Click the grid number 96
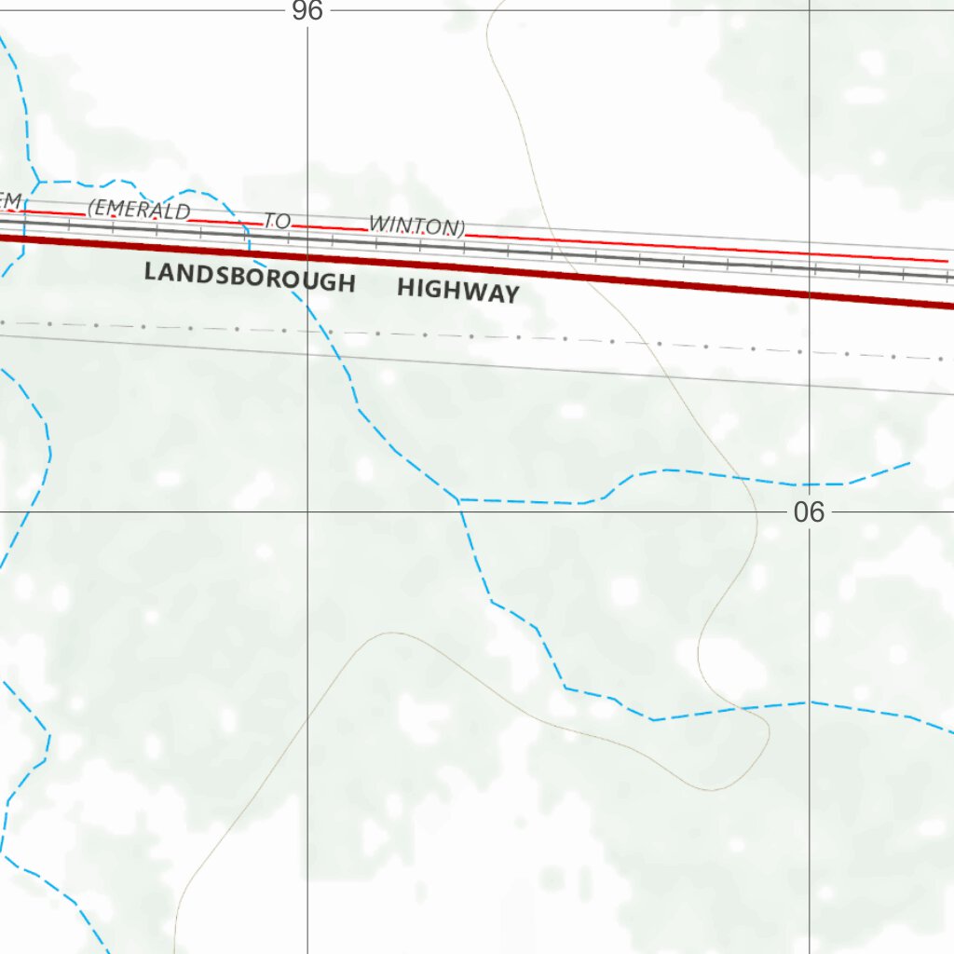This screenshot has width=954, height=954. click(307, 11)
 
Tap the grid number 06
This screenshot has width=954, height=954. click(809, 511)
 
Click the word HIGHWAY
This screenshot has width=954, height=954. click(457, 291)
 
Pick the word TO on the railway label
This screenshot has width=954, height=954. click(278, 221)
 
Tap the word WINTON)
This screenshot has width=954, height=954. click(416, 226)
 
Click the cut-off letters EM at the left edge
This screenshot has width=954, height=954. click(9, 201)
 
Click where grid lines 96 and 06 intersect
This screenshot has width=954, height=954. click(307, 511)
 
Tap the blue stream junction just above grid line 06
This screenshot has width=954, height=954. click(458, 500)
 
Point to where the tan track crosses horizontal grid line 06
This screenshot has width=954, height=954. click(755, 511)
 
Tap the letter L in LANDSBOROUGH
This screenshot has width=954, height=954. click(150, 273)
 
